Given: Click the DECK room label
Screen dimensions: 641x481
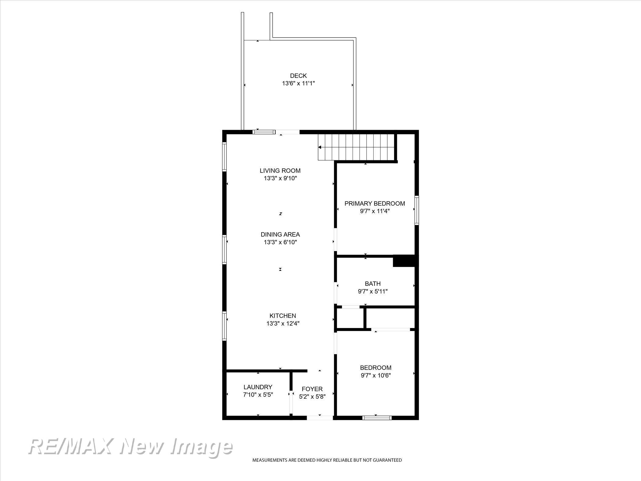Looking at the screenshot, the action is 298,76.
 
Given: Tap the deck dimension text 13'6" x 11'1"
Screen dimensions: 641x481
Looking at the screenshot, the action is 298,83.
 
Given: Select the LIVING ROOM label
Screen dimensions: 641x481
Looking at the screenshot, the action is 280,171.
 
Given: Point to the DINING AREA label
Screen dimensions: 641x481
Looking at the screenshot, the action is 280,235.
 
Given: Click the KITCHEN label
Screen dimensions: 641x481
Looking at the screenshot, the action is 283,316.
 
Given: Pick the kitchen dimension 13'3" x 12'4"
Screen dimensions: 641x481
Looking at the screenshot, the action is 283,323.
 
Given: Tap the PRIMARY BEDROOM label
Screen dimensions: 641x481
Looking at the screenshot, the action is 375,203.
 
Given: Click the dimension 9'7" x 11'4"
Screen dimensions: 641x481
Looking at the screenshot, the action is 375,211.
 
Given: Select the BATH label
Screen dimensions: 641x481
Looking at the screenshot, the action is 373,284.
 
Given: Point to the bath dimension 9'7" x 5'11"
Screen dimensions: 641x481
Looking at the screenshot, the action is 373,291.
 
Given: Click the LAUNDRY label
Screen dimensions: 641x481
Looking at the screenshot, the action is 258,387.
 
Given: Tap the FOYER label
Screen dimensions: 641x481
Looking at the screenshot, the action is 312,389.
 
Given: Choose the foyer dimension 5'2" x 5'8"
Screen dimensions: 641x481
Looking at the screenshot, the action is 312,397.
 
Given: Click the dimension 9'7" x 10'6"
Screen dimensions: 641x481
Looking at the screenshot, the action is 376,375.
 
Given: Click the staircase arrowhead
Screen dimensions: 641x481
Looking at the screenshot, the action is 320,147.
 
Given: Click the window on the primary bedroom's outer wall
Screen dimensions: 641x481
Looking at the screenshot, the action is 417,211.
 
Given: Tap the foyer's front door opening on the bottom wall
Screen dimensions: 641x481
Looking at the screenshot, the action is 320,418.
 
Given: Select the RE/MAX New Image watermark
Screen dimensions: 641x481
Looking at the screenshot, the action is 130,447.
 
